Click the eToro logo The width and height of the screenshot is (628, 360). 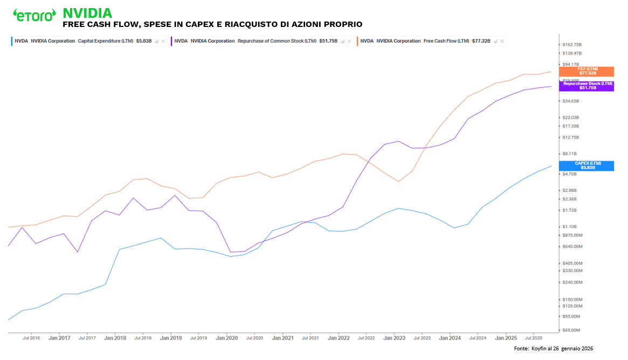click(34, 15)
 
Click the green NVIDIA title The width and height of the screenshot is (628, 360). click(87, 13)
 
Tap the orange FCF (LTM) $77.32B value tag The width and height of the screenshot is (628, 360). click(587, 71)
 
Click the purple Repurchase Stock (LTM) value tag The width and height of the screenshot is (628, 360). click(587, 86)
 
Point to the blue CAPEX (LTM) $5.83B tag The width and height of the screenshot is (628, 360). click(587, 165)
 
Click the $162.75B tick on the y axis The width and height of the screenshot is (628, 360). click(571, 45)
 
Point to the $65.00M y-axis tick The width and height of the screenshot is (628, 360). click(571, 330)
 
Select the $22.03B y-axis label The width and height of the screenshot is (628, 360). click(571, 117)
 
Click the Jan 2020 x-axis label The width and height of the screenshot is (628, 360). click(226, 338)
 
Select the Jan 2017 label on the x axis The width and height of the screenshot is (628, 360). click(59, 338)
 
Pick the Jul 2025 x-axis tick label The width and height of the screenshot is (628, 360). click(533, 338)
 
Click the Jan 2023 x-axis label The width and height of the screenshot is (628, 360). click(394, 338)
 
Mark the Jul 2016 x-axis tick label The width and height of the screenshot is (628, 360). click(31, 338)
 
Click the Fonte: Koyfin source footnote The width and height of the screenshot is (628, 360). click(553, 349)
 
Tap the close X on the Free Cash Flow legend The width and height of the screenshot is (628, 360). click(502, 41)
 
